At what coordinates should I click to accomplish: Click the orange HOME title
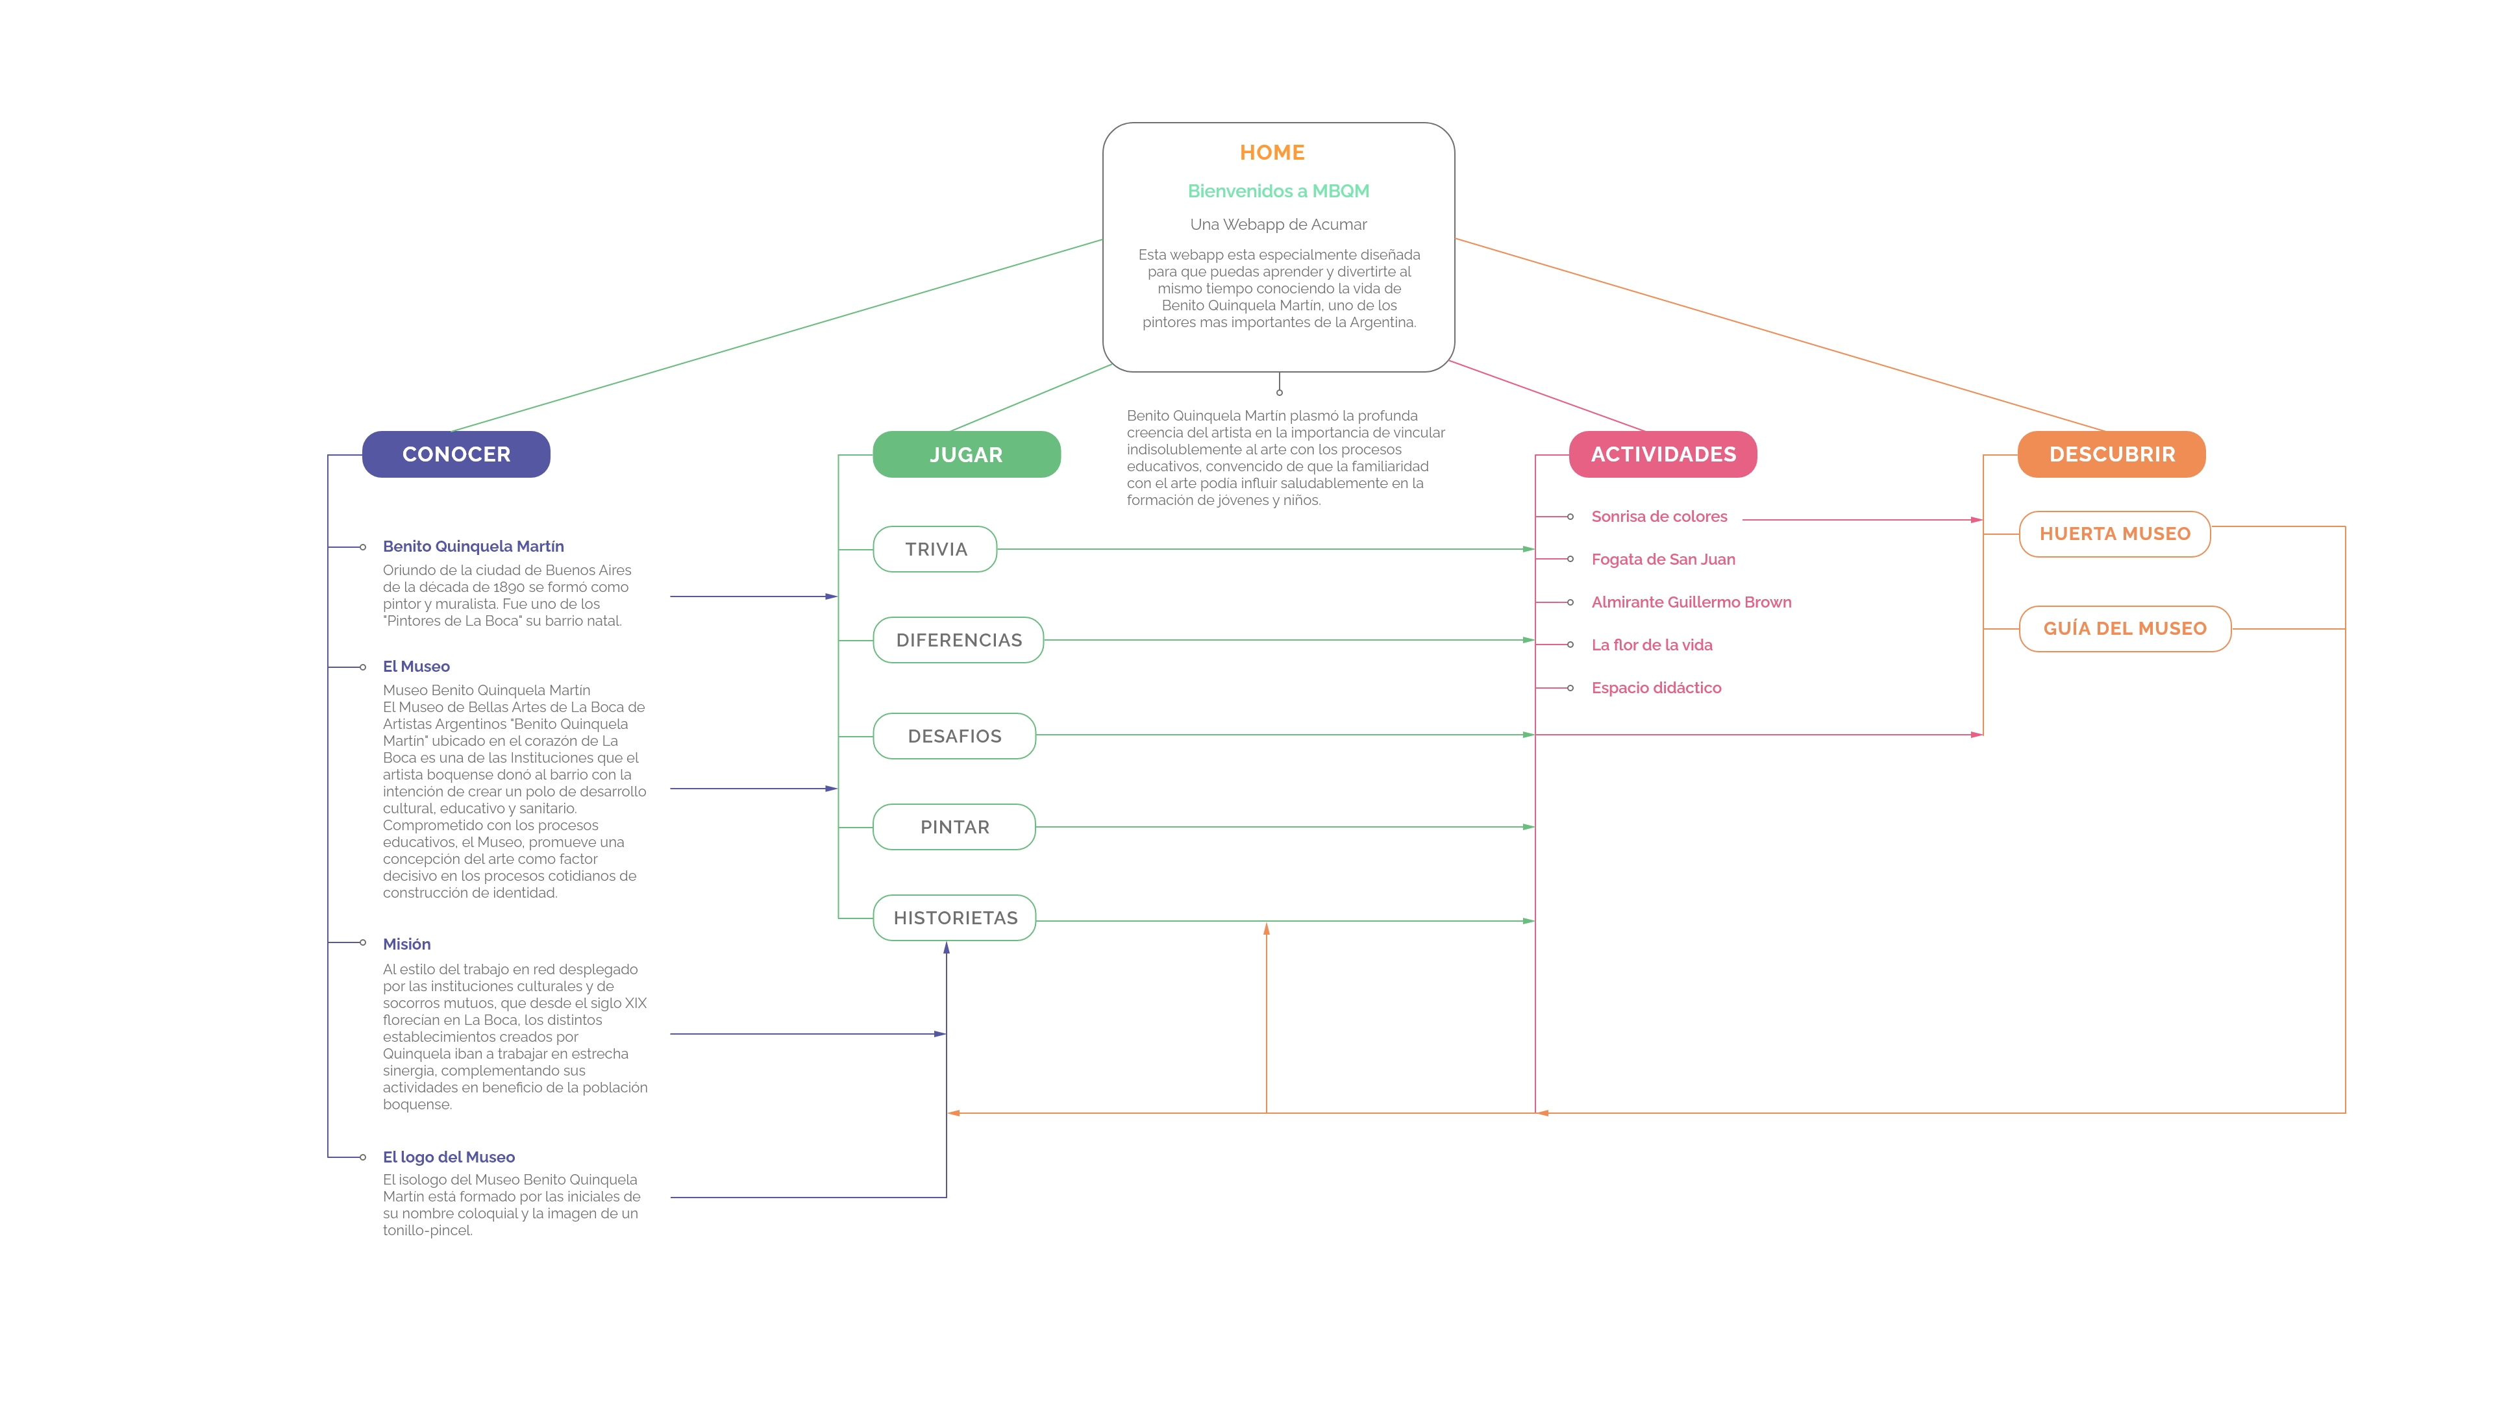1272,153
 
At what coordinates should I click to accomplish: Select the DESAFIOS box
954,736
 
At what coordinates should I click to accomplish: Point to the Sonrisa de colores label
1659,517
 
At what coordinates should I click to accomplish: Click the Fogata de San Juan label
1663,560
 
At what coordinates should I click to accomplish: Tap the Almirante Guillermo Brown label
1691,602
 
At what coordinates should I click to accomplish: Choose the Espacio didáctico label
1656,688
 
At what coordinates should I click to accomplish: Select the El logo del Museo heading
448,1157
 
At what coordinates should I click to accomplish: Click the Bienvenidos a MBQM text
1278,191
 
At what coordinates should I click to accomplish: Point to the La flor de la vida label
1651,645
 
